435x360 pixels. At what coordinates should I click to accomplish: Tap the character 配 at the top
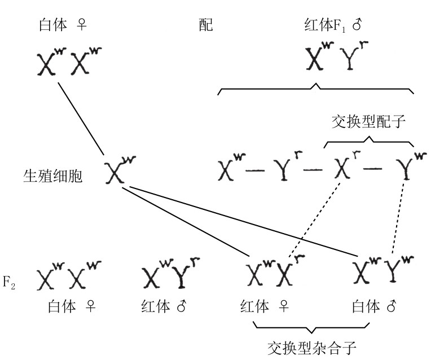[206, 25]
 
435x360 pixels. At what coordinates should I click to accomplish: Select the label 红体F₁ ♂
[332, 25]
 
